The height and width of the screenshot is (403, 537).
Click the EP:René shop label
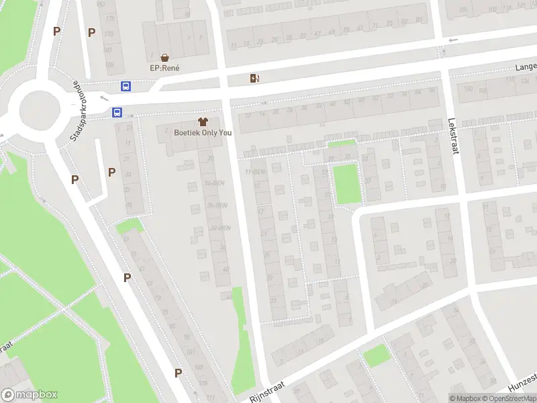[x=164, y=68]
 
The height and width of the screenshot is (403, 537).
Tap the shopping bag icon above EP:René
[x=164, y=58]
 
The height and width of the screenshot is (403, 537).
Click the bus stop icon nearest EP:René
[x=126, y=86]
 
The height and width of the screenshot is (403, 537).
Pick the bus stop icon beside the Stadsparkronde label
[x=117, y=113]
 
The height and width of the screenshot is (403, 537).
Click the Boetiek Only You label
[x=203, y=132]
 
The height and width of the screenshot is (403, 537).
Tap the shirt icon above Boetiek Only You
[x=203, y=122]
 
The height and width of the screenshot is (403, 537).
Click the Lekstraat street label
[x=454, y=138]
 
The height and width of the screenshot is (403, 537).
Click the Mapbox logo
[x=29, y=395]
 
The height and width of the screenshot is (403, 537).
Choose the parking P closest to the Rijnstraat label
[x=178, y=373]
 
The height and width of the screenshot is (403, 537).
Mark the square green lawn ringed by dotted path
[x=346, y=184]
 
